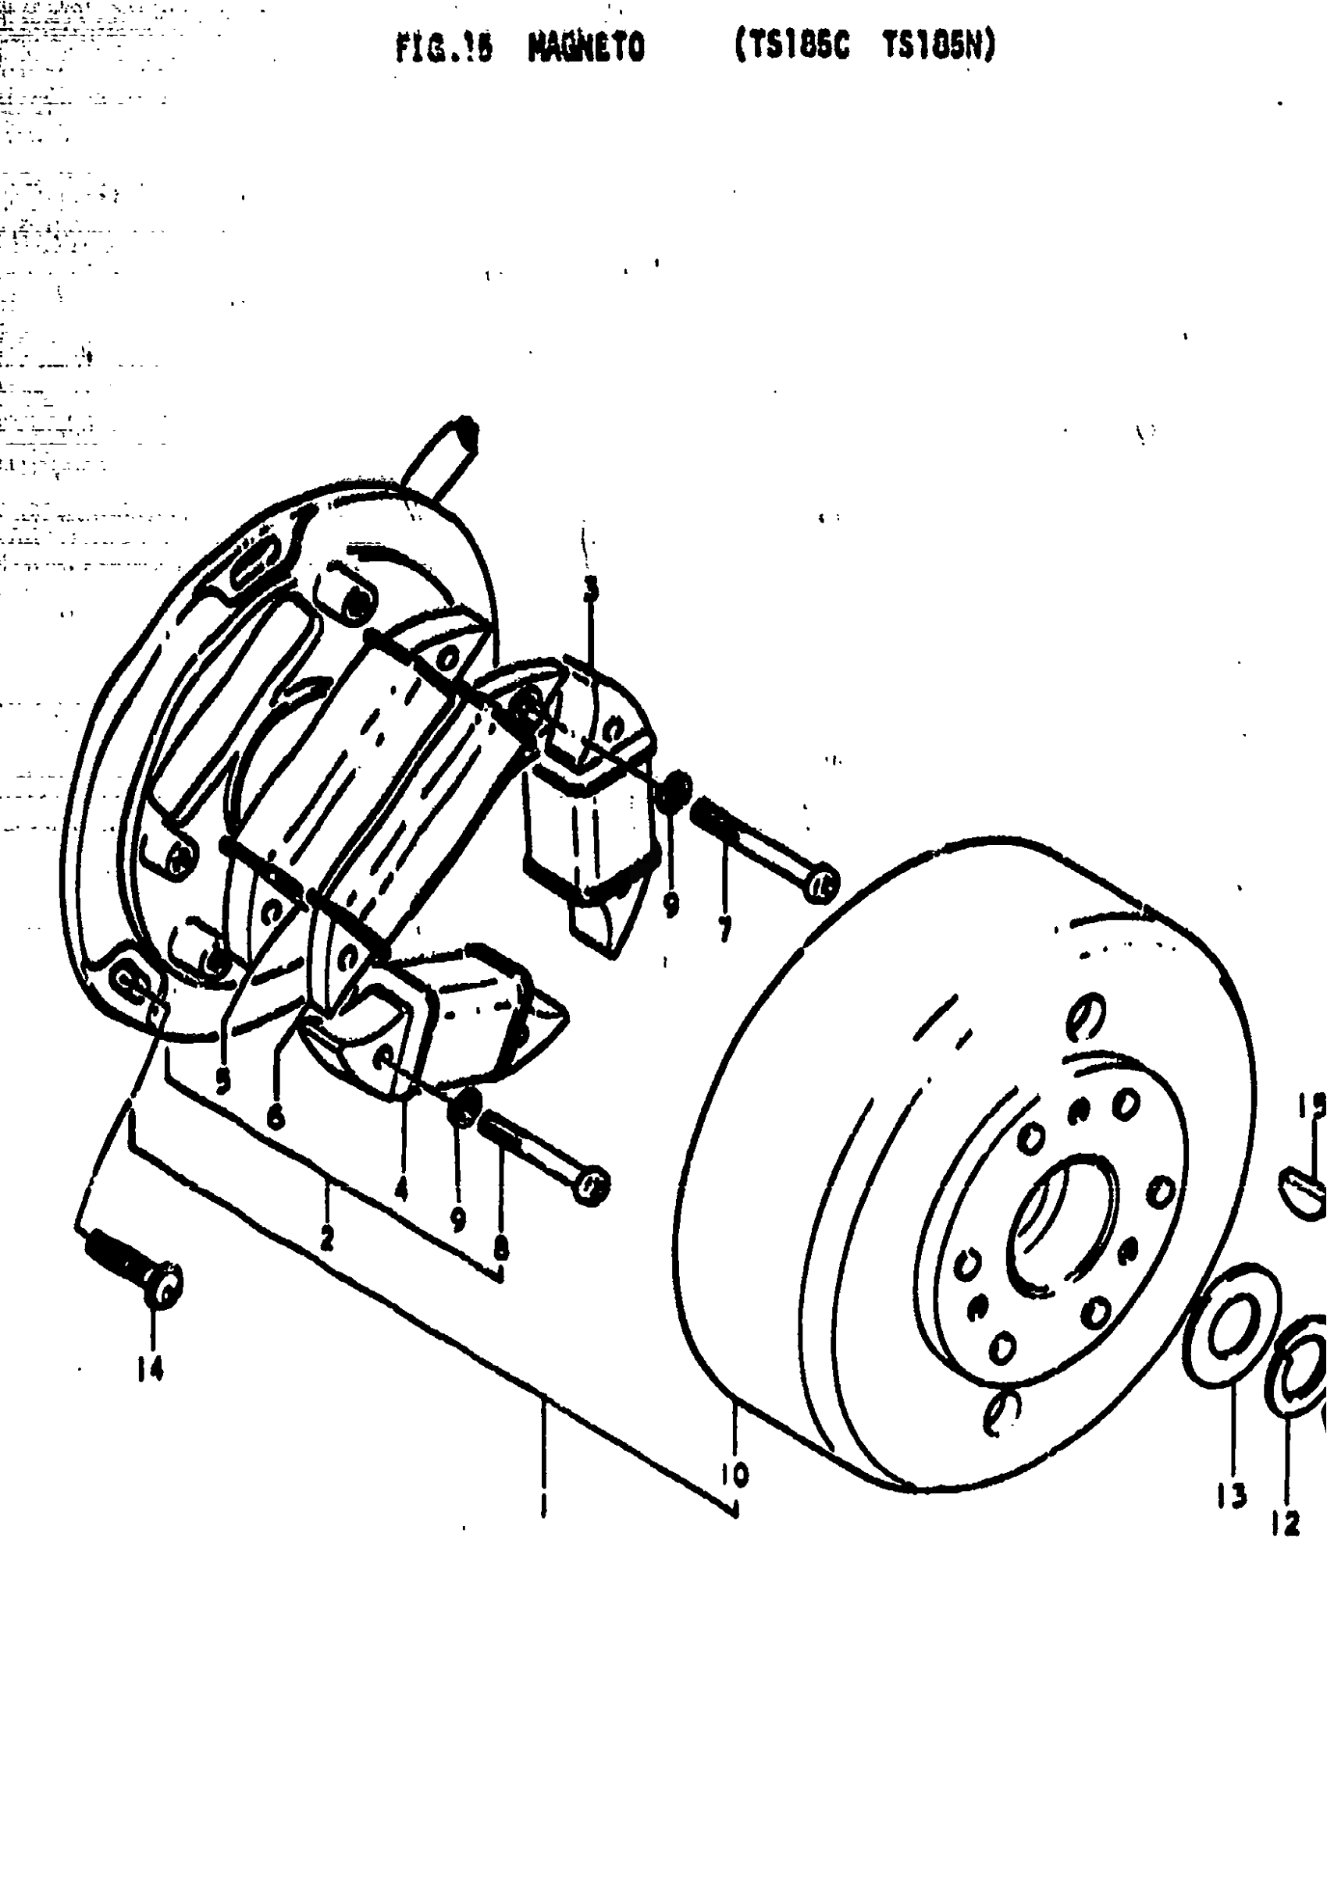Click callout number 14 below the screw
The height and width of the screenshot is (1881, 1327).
click(150, 1369)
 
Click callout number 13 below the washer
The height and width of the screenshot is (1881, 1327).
click(1231, 1496)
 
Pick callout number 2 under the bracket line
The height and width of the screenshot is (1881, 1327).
click(327, 1241)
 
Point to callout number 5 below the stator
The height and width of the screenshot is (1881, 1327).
click(223, 1081)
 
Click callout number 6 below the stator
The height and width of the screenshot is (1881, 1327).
click(276, 1115)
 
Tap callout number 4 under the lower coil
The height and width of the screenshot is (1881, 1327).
click(400, 1189)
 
